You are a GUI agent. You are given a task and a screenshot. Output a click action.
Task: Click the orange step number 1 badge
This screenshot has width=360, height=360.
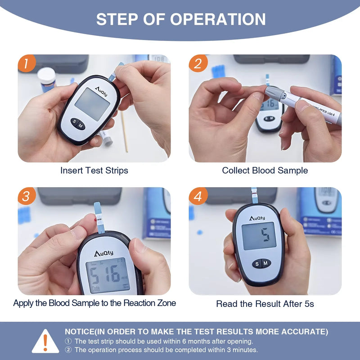pos(27,64)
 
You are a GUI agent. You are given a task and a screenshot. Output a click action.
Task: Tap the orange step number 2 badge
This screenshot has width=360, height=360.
pos(198,64)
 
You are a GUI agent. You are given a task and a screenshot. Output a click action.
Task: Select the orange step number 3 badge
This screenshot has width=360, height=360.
pos(27,196)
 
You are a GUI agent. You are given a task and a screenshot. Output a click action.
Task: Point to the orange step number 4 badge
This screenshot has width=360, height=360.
pos(198,196)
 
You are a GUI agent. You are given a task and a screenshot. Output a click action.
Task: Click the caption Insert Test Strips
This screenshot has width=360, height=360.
pos(94,171)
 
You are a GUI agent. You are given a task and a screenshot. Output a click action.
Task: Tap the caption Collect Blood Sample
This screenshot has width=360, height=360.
pos(265,171)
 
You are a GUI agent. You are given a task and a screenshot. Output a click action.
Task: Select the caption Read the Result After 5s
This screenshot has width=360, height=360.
pos(265,304)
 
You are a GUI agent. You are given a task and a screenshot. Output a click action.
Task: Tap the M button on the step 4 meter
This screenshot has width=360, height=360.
pos(265,263)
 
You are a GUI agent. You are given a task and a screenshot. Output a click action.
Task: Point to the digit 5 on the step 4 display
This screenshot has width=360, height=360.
pos(265,234)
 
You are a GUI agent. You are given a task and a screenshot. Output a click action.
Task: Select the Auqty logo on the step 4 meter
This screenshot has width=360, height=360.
pos(257,218)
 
